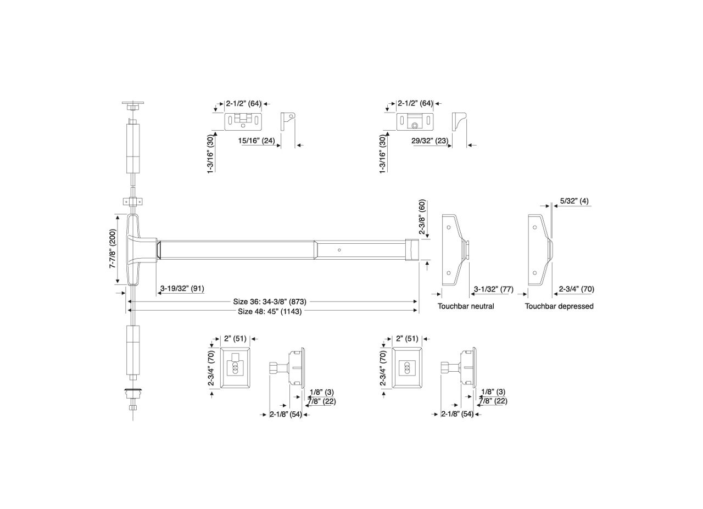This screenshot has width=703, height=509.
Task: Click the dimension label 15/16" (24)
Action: (256, 141)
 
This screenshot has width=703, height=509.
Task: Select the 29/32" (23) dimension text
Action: (430, 141)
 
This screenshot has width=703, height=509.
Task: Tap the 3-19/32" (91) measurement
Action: (182, 288)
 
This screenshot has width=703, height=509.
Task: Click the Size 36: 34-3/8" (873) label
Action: (269, 301)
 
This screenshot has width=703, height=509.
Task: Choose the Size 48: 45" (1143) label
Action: (269, 311)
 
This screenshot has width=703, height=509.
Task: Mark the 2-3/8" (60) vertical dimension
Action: (422, 217)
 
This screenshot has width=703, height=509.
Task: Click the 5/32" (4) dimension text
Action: (574, 201)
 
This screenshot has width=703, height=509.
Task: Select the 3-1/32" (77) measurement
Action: (493, 289)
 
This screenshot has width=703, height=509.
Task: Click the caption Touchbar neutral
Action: (465, 306)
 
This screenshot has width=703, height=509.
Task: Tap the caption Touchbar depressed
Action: (559, 306)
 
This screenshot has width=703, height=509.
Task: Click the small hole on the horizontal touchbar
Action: (339, 250)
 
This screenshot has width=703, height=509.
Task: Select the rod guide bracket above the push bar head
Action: (132, 202)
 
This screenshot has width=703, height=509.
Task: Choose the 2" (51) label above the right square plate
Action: (407, 339)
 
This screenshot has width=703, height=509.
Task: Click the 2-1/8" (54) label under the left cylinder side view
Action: (286, 415)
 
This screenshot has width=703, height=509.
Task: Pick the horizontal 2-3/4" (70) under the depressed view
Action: (576, 289)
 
